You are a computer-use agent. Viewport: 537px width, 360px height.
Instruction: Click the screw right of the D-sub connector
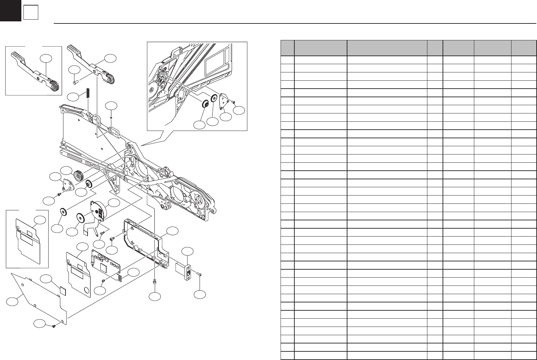(x=199, y=274)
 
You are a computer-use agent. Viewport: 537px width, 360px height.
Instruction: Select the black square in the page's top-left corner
(x=10, y=10)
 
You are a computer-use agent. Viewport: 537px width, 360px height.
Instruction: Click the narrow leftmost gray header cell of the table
(x=287, y=48)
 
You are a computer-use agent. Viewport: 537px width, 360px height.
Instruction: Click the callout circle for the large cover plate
(x=12, y=302)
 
